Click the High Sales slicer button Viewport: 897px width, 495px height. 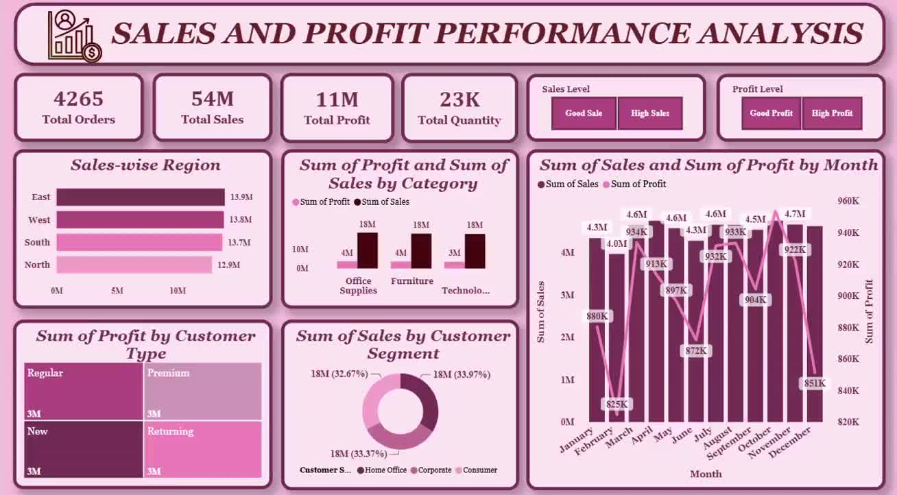pyautogui.click(x=650, y=113)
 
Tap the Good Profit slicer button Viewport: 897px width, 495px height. pyautogui.click(x=771, y=113)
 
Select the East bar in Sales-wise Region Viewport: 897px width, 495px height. pyautogui.click(x=141, y=197)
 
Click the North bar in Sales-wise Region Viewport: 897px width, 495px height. pyautogui.click(x=134, y=265)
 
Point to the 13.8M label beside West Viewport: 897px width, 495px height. pyautogui.click(x=241, y=219)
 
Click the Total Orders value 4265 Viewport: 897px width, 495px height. pyautogui.click(x=78, y=99)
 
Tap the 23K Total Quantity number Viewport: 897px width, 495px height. pyautogui.click(x=459, y=99)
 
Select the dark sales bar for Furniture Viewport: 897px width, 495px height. pyautogui.click(x=421, y=251)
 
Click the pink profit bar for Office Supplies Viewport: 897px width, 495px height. pyautogui.click(x=347, y=265)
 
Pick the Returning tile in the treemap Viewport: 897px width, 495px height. pyautogui.click(x=202, y=449)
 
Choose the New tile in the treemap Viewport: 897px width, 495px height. pyautogui.click(x=83, y=449)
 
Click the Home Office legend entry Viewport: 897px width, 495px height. pyautogui.click(x=381, y=470)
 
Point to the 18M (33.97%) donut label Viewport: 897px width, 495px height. pyautogui.click(x=462, y=374)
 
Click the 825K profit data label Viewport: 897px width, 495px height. pyautogui.click(x=617, y=404)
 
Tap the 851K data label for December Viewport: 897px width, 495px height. pyautogui.click(x=815, y=383)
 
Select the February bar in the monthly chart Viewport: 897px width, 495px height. pyautogui.click(x=617, y=337)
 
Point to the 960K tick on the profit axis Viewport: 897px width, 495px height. pyautogui.click(x=848, y=201)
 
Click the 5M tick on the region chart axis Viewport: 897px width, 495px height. pyautogui.click(x=117, y=291)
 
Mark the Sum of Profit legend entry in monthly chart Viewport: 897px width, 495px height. pyautogui.click(x=635, y=184)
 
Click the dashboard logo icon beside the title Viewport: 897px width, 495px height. pyautogui.click(x=75, y=36)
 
